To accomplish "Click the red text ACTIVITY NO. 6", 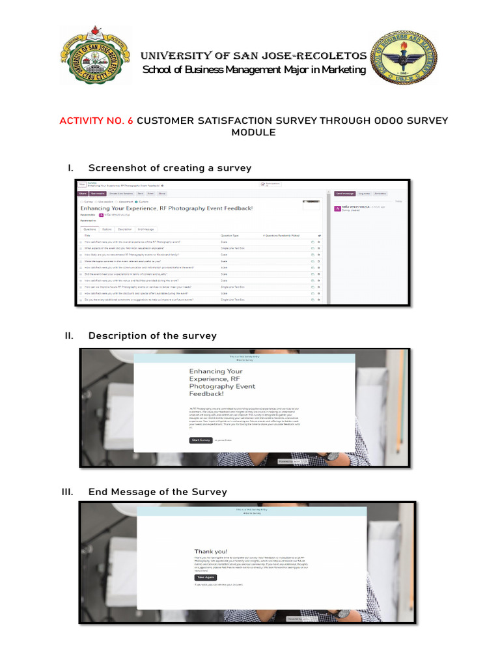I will [96, 121].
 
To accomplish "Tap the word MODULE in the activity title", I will [253, 133].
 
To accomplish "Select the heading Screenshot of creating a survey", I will [169, 168].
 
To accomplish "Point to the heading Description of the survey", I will [152, 335].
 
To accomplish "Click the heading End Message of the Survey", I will [158, 492].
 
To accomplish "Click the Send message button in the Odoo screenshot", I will [344, 193].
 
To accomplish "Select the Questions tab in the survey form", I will [89, 229].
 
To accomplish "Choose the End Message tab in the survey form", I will [145, 229].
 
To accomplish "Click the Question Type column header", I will [230, 235].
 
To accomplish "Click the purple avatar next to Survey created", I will [337, 208].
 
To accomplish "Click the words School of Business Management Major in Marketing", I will [254, 70].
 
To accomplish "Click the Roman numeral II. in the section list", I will [68, 335].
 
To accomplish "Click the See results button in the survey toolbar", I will [98, 193].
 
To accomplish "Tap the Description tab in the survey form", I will [125, 229].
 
